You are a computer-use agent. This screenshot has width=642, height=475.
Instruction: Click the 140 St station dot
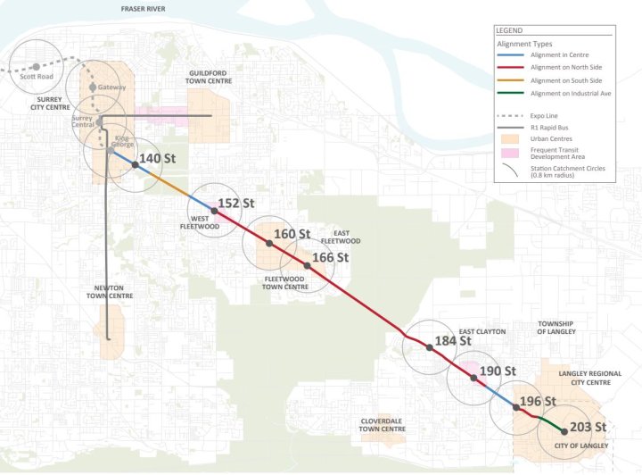tap(135, 164)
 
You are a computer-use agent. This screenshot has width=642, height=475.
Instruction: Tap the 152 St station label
tap(230, 203)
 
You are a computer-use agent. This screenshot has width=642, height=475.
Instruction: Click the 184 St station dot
tap(428, 348)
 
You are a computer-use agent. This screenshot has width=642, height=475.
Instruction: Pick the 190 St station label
tap(498, 371)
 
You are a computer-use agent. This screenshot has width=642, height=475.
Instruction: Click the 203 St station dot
tap(564, 432)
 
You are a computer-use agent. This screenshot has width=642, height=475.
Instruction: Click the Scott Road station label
tap(37, 77)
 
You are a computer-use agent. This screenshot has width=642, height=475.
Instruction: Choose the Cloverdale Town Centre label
tap(383, 424)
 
